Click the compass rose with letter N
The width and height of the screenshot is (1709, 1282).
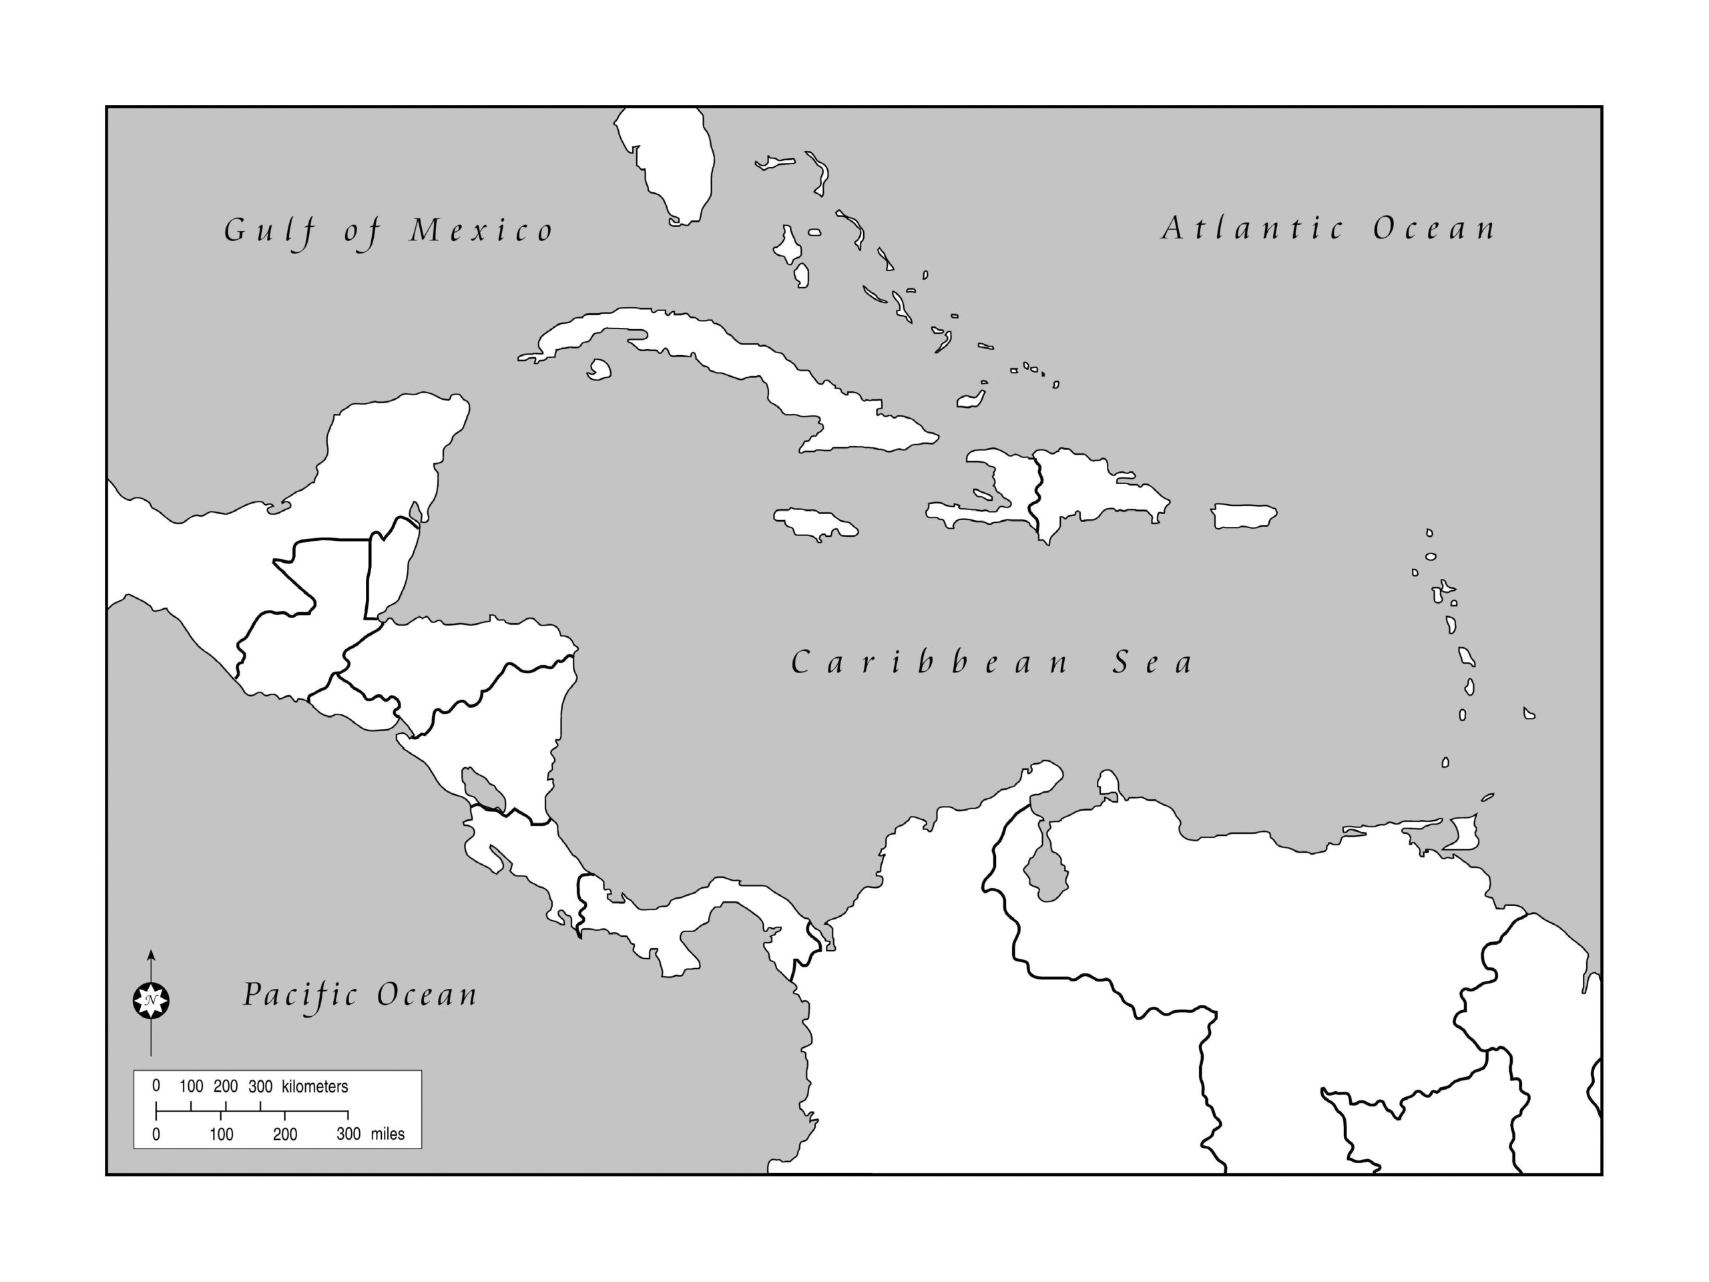point(151,1001)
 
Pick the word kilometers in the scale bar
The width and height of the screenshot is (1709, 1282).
point(314,1086)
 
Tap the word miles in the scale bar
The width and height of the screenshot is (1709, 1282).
point(387,1134)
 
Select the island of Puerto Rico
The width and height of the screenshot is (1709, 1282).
point(1243,515)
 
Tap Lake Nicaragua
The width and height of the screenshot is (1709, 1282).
point(482,788)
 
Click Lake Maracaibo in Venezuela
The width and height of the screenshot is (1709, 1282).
point(1047,871)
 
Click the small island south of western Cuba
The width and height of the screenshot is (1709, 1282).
point(599,370)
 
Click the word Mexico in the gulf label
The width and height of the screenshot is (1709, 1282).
point(481,231)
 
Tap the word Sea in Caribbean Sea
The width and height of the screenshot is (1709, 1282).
point(1152,663)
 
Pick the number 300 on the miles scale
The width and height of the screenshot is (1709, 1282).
point(348,1134)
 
